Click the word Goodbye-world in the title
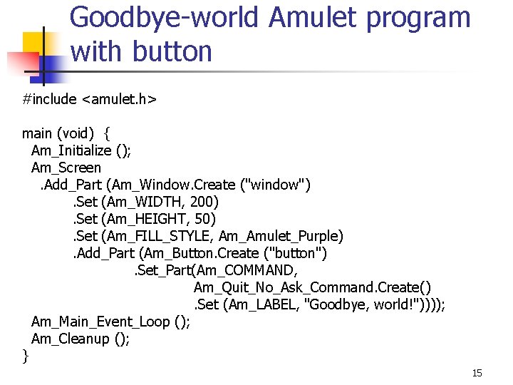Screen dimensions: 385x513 pyautogui.click(x=165, y=18)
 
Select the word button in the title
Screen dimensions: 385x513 pyautogui.click(x=173, y=52)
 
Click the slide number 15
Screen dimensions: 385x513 pyautogui.click(x=477, y=374)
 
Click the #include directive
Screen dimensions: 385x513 pyautogui.click(x=49, y=99)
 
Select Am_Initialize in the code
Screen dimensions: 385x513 pyautogui.click(x=71, y=150)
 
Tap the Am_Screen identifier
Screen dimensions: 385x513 pyautogui.click(x=66, y=168)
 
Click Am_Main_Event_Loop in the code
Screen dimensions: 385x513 pyautogui.click(x=100, y=322)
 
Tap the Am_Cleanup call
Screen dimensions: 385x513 pyautogui.click(x=70, y=339)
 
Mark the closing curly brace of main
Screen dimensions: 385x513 pyautogui.click(x=26, y=356)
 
